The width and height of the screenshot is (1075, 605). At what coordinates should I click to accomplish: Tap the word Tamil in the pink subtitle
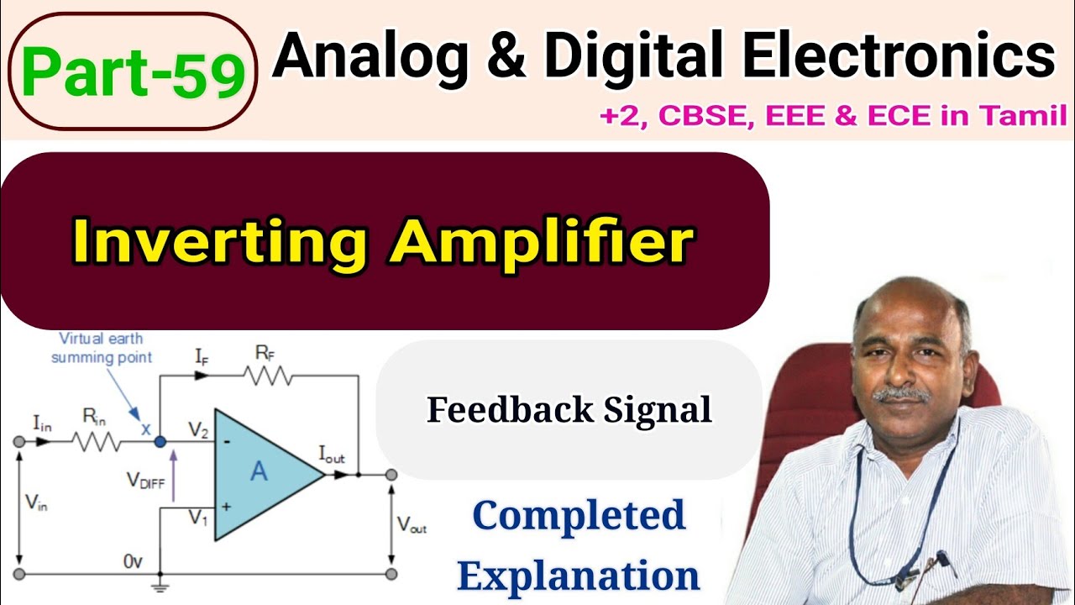point(1025,116)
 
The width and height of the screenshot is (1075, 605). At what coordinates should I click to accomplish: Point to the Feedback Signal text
point(569,410)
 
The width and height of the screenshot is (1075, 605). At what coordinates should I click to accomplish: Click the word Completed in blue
point(579,515)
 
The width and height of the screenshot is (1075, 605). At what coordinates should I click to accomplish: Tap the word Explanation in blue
point(579,576)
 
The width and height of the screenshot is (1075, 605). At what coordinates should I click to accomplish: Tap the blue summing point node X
point(161,441)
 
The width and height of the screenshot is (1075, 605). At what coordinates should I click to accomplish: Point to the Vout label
point(412,526)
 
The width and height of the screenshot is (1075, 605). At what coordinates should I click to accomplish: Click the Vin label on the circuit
point(35,503)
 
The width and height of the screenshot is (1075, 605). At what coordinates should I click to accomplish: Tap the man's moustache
point(901,393)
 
